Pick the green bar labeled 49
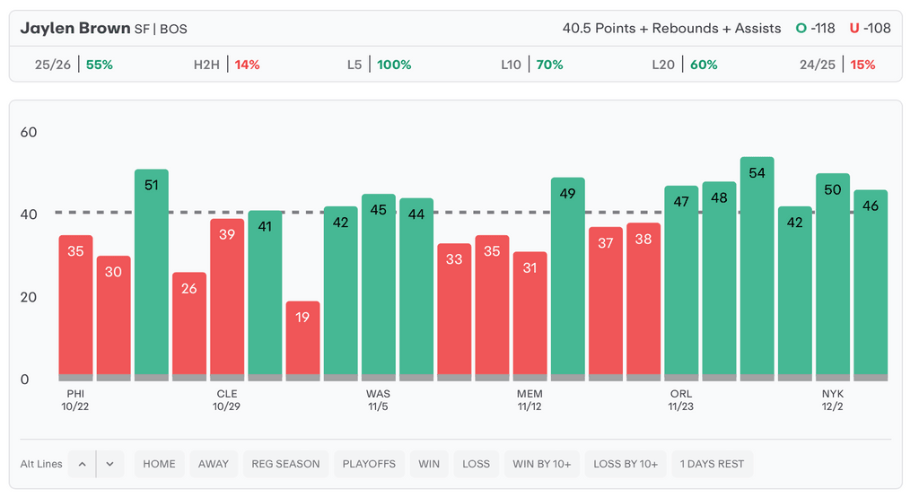pyautogui.click(x=567, y=277)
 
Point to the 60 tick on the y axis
pyautogui.click(x=29, y=133)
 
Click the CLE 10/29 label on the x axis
pyautogui.click(x=227, y=400)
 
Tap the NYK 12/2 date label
pyautogui.click(x=832, y=400)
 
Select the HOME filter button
pyautogui.click(x=159, y=464)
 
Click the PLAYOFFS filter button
pyautogui.click(x=369, y=464)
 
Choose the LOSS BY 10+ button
pyautogui.click(x=626, y=464)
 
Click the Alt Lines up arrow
pyautogui.click(x=82, y=464)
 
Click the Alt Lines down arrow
pyautogui.click(x=109, y=464)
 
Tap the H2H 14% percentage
pyautogui.click(x=247, y=65)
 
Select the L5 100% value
pyautogui.click(x=394, y=65)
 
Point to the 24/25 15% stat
pyautogui.click(x=862, y=65)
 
